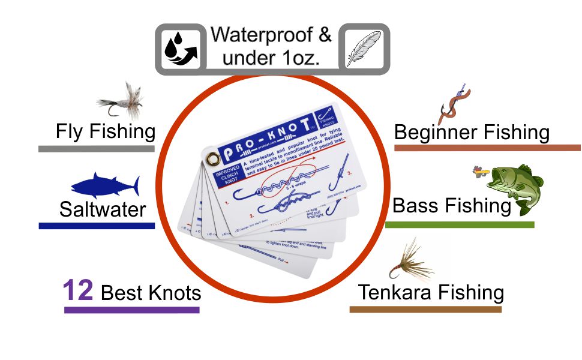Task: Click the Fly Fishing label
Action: tap(106, 131)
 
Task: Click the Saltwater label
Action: tap(103, 209)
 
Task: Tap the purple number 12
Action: tap(78, 291)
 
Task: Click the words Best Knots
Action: tap(151, 293)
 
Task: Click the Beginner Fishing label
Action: tap(472, 133)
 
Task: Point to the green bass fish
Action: tap(515, 186)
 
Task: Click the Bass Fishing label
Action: tap(451, 206)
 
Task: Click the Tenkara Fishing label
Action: tap(431, 293)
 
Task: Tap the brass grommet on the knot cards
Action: tap(212, 158)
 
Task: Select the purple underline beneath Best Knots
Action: tap(131, 310)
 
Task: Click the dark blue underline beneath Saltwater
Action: tap(97, 226)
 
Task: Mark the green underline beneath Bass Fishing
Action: tap(459, 225)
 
